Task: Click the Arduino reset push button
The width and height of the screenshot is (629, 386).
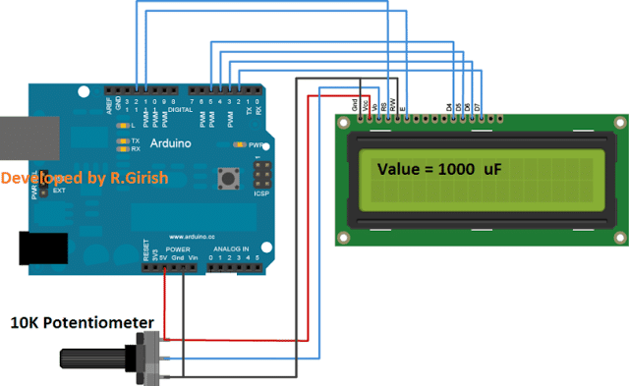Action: [x=233, y=179]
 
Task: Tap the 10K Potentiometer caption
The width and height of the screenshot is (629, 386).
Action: [x=83, y=322]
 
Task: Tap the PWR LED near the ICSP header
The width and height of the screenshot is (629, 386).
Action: [x=237, y=143]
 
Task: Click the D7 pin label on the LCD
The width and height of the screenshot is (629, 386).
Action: [x=479, y=105]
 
